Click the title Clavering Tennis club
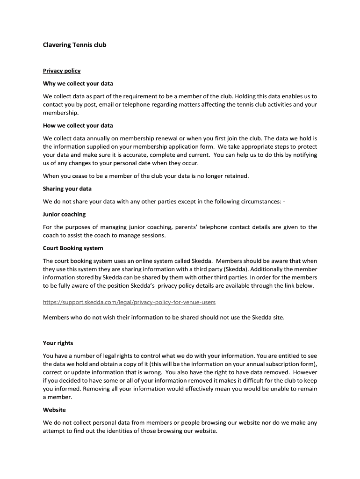pyautogui.click(x=75, y=45)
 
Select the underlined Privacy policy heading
pyautogui.click(x=62, y=71)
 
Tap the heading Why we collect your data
pyautogui.click(x=78, y=84)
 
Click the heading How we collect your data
pyautogui.click(x=78, y=125)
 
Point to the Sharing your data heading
pyautogui.click(x=67, y=189)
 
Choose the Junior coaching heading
pyautogui.click(x=65, y=214)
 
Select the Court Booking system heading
pyautogui.click(x=73, y=248)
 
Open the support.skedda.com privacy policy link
pyautogui.click(x=129, y=302)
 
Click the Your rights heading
pyautogui.click(x=58, y=343)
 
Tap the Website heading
pyautogui.click(x=54, y=410)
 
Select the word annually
pyautogui.click(x=101, y=138)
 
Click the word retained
pyautogui.click(x=236, y=176)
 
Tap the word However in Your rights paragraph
pyautogui.click(x=305, y=372)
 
